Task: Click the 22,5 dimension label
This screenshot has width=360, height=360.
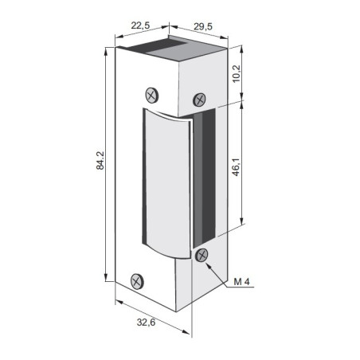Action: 141,26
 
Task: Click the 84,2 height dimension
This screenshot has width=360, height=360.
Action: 99,166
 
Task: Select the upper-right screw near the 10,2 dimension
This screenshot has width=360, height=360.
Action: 200,100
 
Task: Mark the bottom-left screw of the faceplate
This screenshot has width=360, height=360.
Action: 137,281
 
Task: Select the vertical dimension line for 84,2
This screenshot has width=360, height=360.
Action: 106,166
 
